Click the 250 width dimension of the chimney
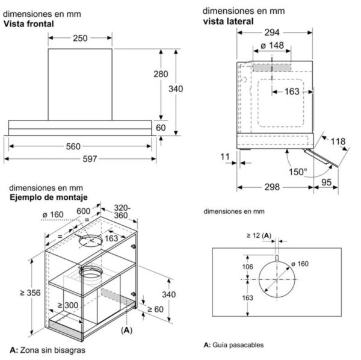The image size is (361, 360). (81, 38)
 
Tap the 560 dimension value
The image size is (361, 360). (81, 147)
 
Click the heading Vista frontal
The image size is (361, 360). (30, 24)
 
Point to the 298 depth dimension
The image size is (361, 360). (273, 187)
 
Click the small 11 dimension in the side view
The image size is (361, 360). (226, 158)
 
